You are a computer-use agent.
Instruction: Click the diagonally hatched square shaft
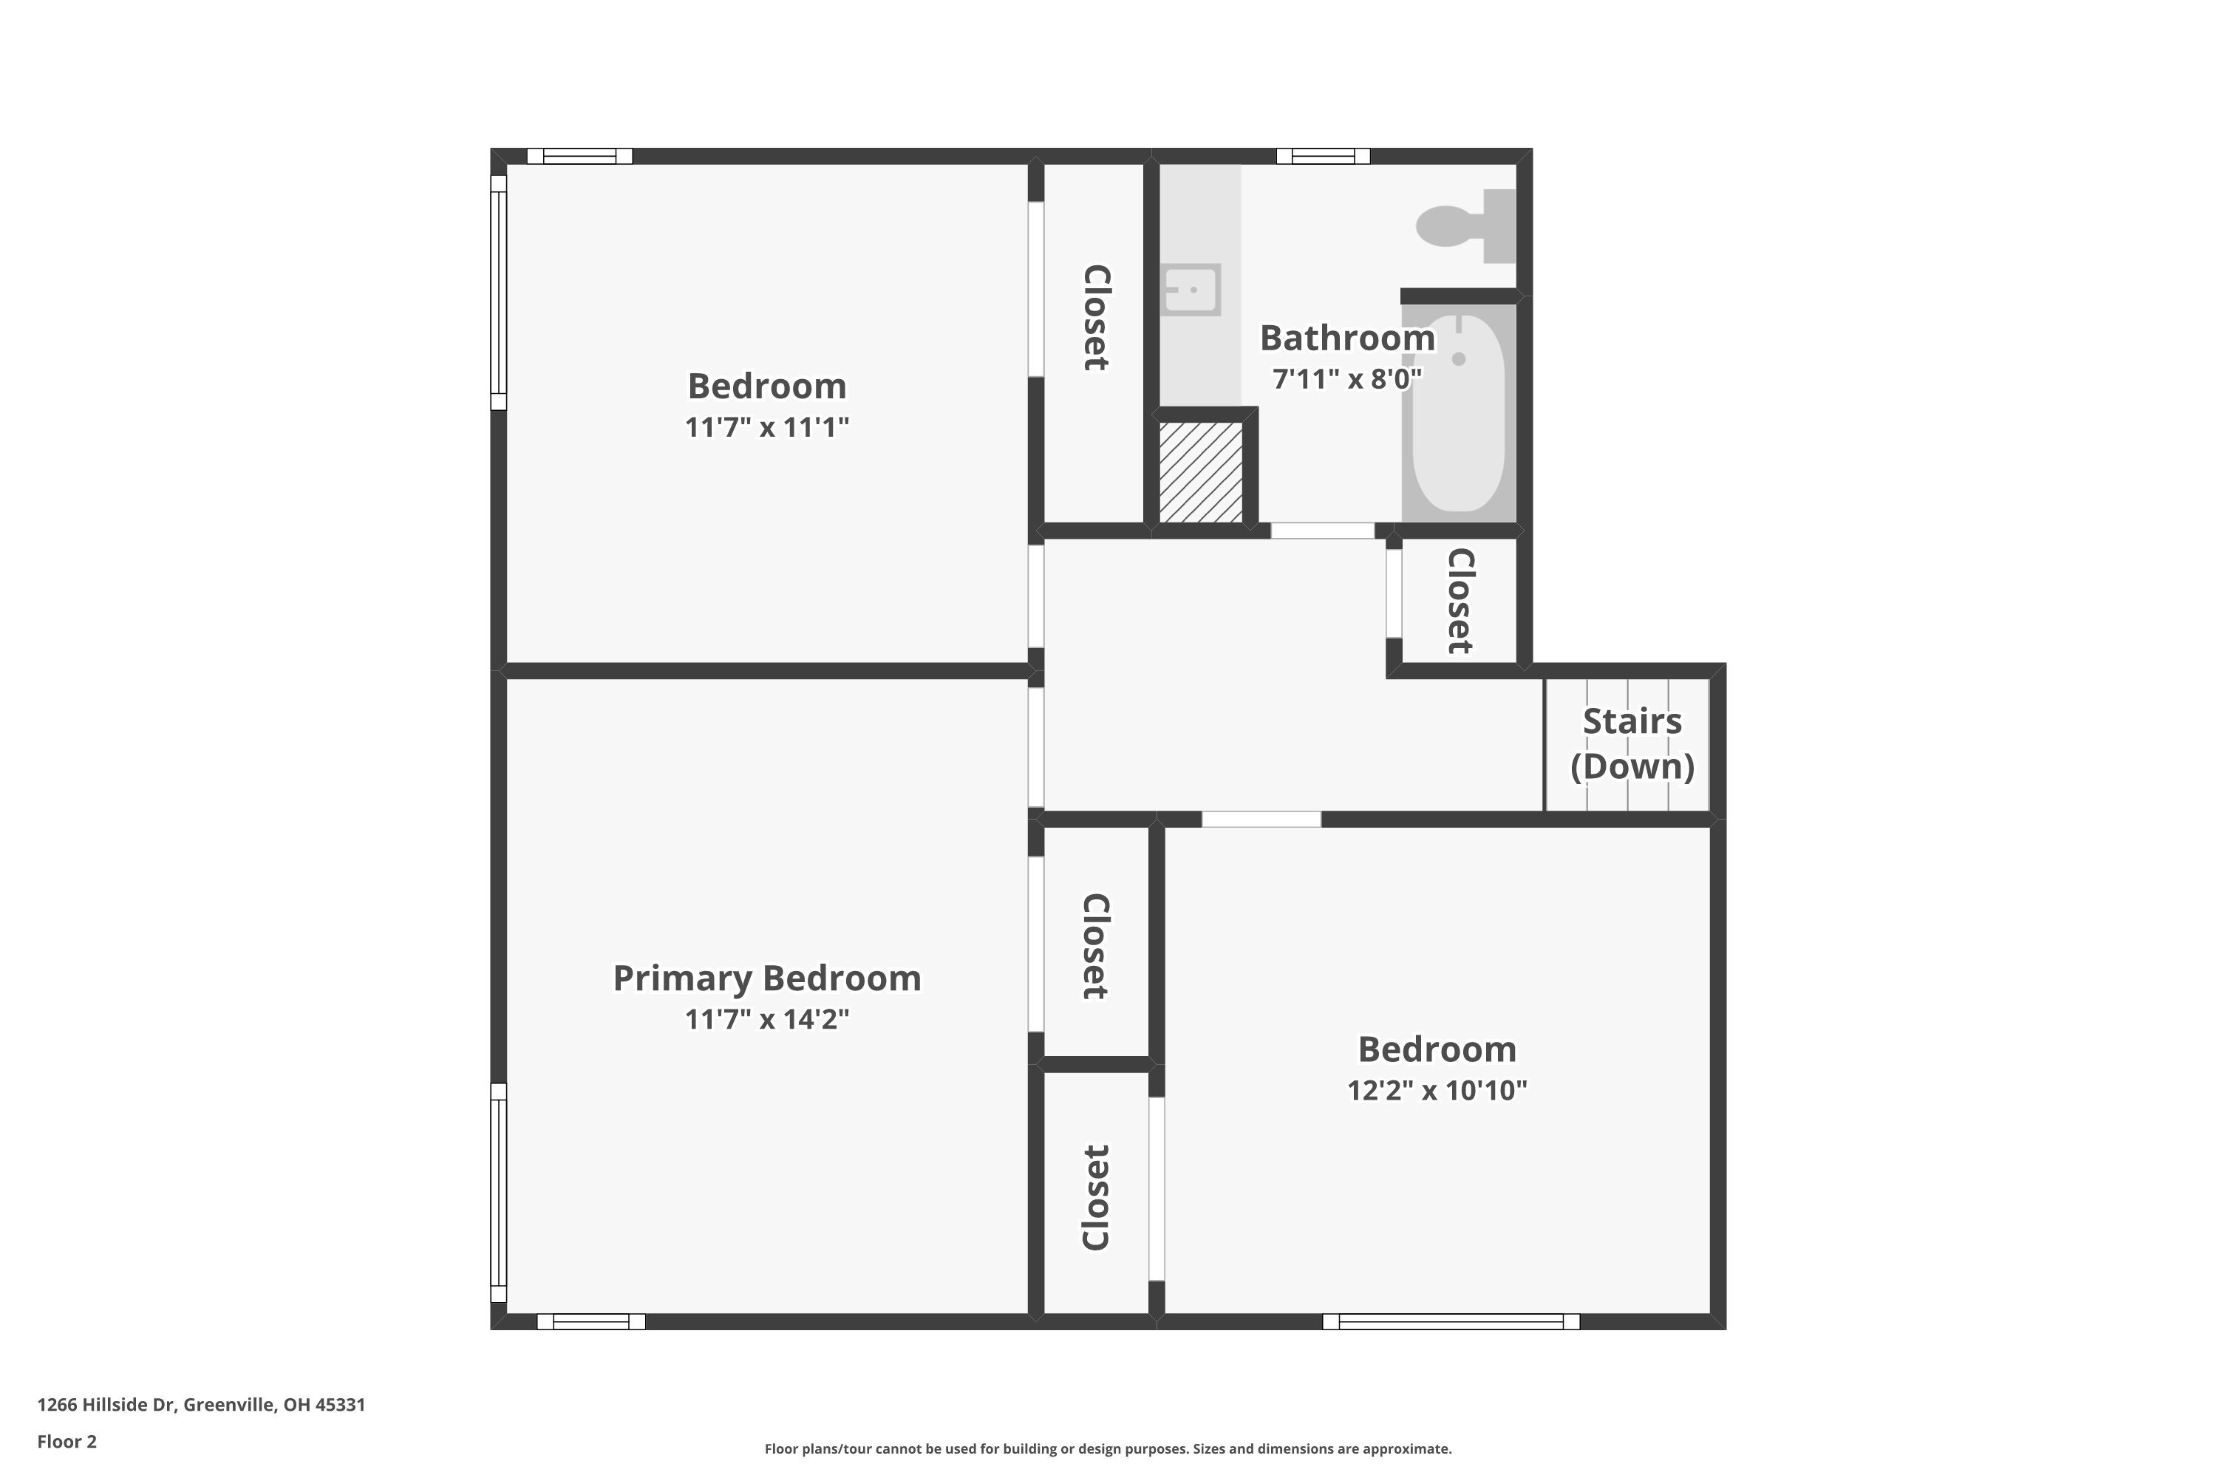[1200, 472]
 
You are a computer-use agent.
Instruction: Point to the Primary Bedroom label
[766, 978]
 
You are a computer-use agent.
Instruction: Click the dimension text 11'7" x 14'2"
[766, 1019]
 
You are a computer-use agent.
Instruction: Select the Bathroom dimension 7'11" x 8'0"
[1347, 379]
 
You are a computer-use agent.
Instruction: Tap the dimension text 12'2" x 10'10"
[1437, 1091]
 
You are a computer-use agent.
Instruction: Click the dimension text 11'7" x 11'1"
[766, 427]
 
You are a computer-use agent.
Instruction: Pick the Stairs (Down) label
[1632, 743]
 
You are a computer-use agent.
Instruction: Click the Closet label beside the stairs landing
[1459, 602]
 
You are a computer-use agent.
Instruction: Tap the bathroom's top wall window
[1323, 157]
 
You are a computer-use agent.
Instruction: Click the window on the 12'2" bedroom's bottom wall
[1451, 1321]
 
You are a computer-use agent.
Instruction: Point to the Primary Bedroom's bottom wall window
[591, 1321]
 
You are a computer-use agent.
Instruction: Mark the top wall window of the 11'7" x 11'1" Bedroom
[579, 157]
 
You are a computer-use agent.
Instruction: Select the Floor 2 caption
[67, 1441]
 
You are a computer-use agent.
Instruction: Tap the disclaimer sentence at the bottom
[1108, 1448]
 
